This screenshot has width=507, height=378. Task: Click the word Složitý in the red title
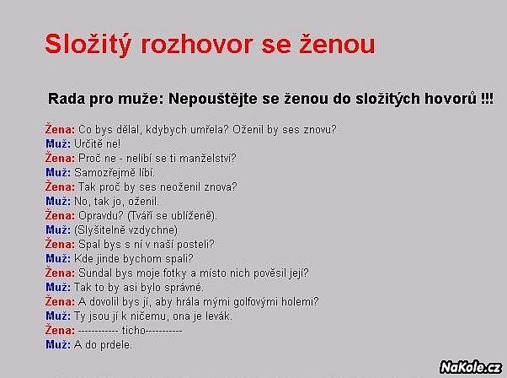88,44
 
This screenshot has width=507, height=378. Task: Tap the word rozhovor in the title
196,44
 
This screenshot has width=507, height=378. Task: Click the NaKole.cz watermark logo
471,367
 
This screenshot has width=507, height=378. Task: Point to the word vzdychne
152,230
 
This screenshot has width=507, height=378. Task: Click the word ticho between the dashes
134,331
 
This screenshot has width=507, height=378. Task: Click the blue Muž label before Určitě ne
58,143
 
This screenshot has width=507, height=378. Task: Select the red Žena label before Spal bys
60,244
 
